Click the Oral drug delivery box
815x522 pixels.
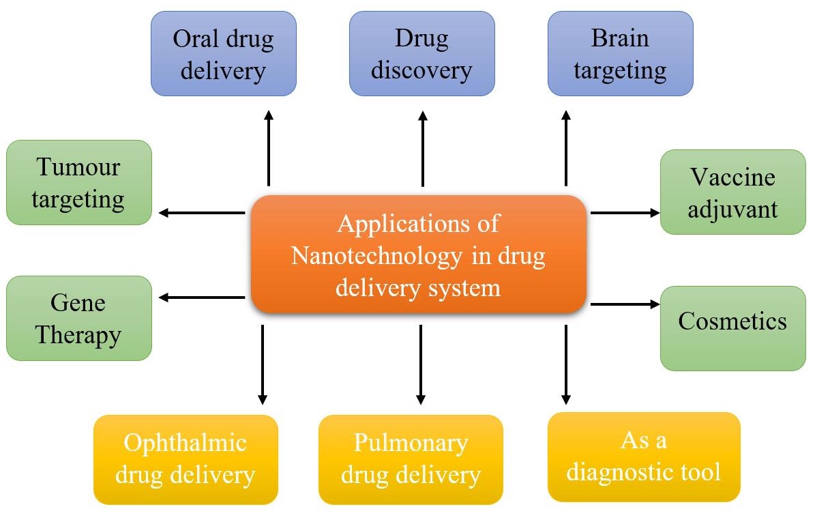[224, 53]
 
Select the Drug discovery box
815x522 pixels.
[422, 53]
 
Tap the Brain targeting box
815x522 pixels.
[620, 53]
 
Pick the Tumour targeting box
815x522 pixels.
[78, 182]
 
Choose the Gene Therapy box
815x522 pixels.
[78, 318]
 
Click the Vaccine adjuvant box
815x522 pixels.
[732, 192]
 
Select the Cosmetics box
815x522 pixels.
[732, 328]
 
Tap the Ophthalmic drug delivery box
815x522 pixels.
[186, 459]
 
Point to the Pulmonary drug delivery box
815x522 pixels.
[411, 459]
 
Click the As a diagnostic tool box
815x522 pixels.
[643, 456]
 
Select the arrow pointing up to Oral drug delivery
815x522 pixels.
[268, 148]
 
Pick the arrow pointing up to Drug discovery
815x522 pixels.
[422, 148]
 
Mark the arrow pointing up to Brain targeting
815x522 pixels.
[565, 148]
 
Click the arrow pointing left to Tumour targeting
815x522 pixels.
[202, 213]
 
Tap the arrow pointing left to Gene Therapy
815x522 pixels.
[202, 297]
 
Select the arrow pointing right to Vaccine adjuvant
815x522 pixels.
[625, 213]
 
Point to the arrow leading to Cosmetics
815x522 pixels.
[625, 304]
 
